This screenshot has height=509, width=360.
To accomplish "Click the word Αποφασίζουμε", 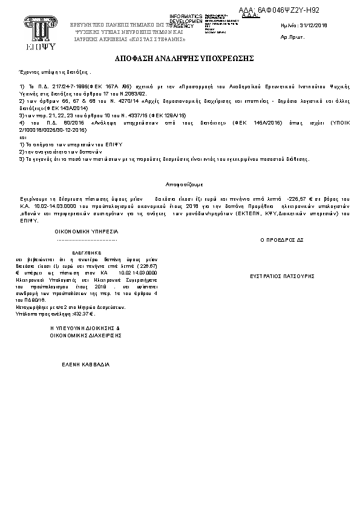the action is click(x=184, y=183).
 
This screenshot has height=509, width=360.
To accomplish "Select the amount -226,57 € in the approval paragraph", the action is click(x=298, y=198).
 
